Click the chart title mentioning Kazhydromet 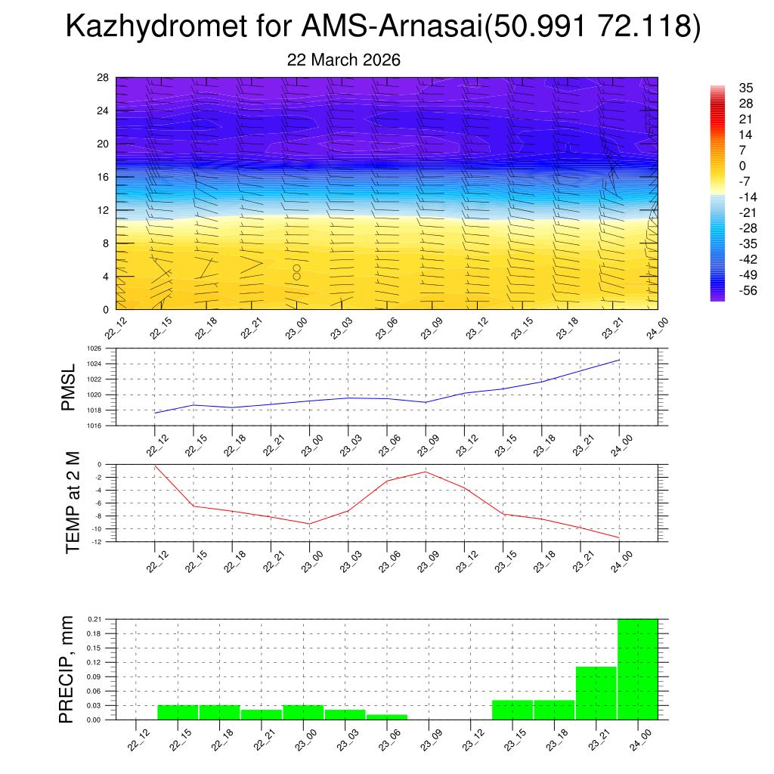pyautogui.click(x=383, y=27)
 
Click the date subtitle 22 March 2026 pyautogui.click(x=344, y=60)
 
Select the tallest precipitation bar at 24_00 pyautogui.click(x=638, y=669)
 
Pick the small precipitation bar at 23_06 pyautogui.click(x=386, y=717)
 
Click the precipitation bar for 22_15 pyautogui.click(x=178, y=712)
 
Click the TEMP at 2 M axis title pyautogui.click(x=73, y=502)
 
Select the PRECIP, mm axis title pyautogui.click(x=67, y=669)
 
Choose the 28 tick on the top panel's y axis pyautogui.click(x=104, y=78)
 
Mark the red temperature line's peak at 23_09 pyautogui.click(x=426, y=472)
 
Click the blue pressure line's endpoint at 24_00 pyautogui.click(x=619, y=360)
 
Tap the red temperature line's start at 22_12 pyautogui.click(x=155, y=466)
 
